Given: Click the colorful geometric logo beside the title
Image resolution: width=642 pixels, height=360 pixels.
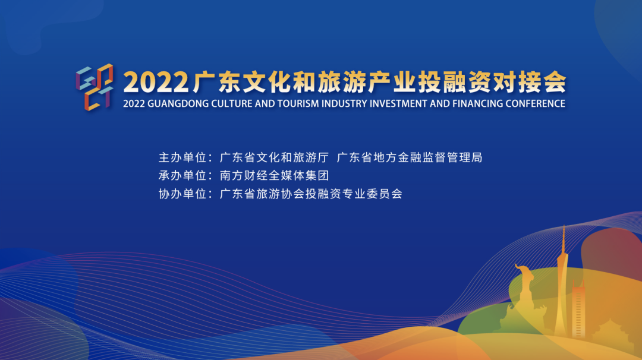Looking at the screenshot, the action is click(x=95, y=87).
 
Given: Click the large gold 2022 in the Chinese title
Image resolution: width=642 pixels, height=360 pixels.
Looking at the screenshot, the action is click(x=156, y=82).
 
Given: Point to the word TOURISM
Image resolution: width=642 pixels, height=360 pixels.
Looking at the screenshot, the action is click(x=298, y=103).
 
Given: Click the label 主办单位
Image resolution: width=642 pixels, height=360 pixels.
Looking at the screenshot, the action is click(x=182, y=157).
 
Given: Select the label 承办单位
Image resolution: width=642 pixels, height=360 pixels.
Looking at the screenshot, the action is click(x=182, y=175).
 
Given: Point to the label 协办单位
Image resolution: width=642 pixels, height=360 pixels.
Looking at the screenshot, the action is click(x=182, y=194).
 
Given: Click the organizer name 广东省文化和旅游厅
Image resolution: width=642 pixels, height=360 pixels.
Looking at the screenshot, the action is click(x=274, y=157).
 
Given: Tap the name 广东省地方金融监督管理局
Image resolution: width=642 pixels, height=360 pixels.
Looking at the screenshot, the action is click(x=410, y=157).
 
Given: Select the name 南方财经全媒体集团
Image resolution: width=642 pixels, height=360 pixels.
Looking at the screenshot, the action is click(x=274, y=175).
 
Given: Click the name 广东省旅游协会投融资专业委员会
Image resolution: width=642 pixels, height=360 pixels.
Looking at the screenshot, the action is click(x=311, y=194).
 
